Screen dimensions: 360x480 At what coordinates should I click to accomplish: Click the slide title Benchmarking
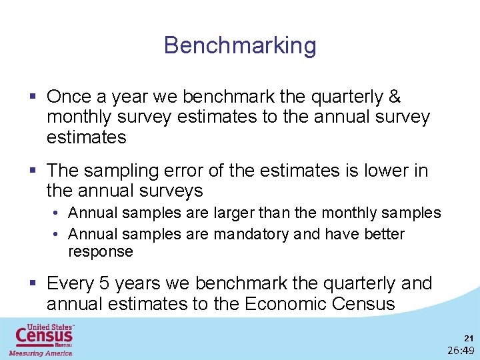pos(240,46)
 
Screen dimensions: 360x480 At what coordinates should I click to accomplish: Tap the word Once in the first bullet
pos(69,97)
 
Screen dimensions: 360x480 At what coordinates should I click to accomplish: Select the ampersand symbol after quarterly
pos(394,97)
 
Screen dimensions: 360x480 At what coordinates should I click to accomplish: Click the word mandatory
pos(257,235)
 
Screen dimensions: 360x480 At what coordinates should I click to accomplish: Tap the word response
pos(101,252)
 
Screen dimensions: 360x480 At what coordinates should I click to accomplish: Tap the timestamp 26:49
pos(461,351)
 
